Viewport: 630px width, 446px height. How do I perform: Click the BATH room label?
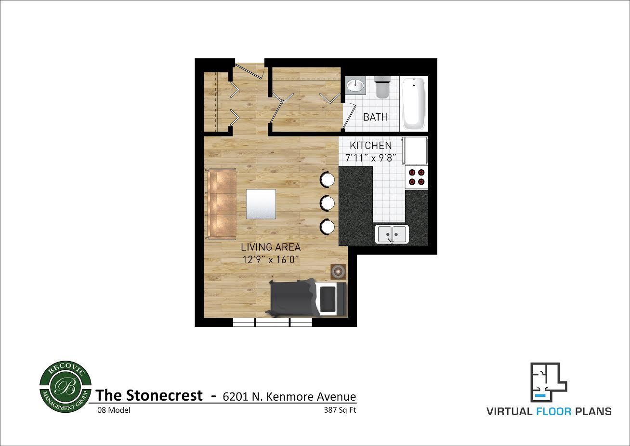375,117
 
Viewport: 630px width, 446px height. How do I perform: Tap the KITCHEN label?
370,146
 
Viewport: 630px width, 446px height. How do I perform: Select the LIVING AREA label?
271,247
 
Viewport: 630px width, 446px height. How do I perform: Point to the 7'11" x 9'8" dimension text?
370,158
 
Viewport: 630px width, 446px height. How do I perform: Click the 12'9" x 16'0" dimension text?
271,260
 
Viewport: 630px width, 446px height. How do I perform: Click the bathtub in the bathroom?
414,103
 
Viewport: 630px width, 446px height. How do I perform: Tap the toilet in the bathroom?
381,87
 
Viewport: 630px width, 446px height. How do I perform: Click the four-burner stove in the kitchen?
416,177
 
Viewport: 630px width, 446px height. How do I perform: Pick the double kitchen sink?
392,234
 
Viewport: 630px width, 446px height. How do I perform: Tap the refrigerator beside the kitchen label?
416,151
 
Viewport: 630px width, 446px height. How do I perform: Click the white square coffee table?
261,203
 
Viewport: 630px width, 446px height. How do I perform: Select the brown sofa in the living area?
222,203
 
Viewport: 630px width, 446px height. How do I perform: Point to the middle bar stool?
328,203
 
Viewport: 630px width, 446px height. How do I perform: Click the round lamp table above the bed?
338,272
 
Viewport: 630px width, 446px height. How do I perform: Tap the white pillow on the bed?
329,299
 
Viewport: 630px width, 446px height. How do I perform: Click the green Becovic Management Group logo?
65,387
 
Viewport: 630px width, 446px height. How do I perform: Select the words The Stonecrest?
149,395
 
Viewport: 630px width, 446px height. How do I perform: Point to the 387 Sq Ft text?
340,410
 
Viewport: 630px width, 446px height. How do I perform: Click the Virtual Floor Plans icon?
549,382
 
